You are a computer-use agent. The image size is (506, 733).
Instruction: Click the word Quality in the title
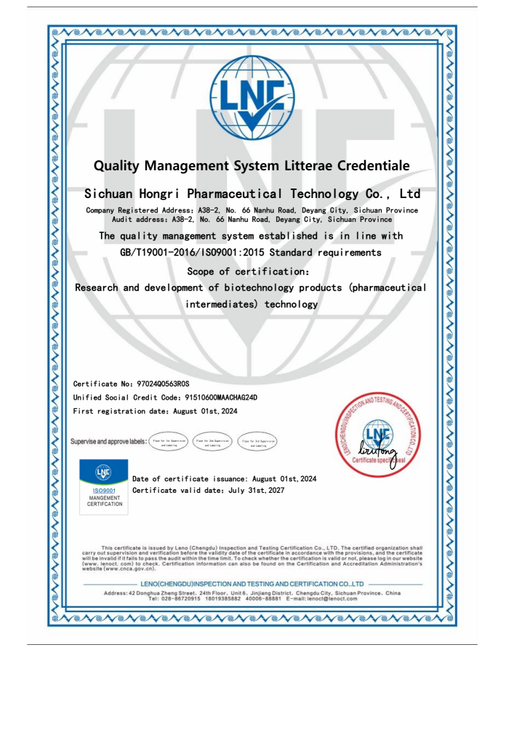(x=124, y=167)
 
